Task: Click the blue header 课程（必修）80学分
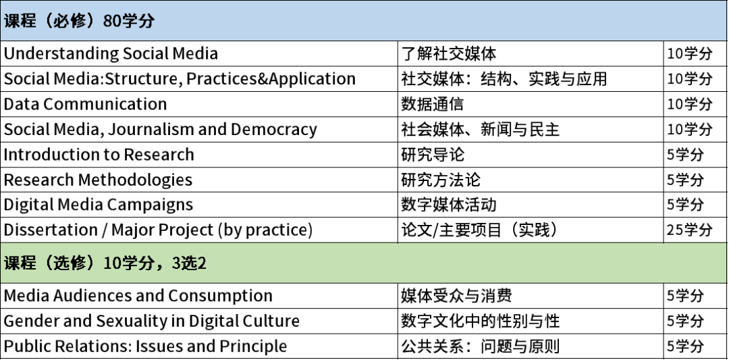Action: pyautogui.click(x=79, y=21)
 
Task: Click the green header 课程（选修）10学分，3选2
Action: pyautogui.click(x=105, y=263)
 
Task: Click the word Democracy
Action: pyautogui.click(x=274, y=129)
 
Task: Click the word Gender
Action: pyautogui.click(x=30, y=321)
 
